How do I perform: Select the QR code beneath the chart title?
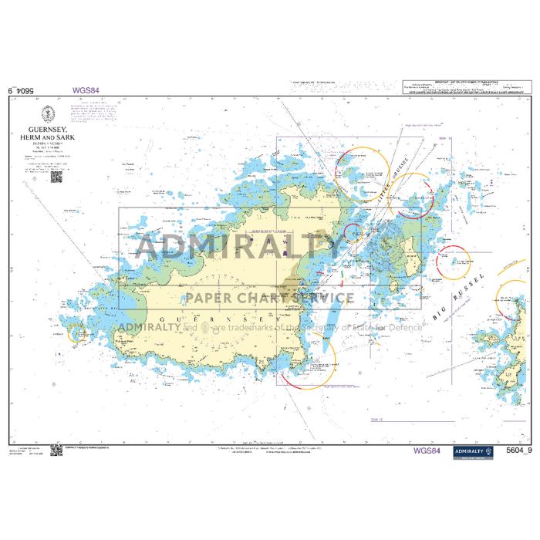pyautogui.click(x=56, y=177)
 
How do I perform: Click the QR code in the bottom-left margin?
pyautogui.click(x=56, y=450)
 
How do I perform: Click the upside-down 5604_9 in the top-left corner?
pyautogui.click(x=22, y=90)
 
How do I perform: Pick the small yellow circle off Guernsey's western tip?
pyautogui.click(x=77, y=333)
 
